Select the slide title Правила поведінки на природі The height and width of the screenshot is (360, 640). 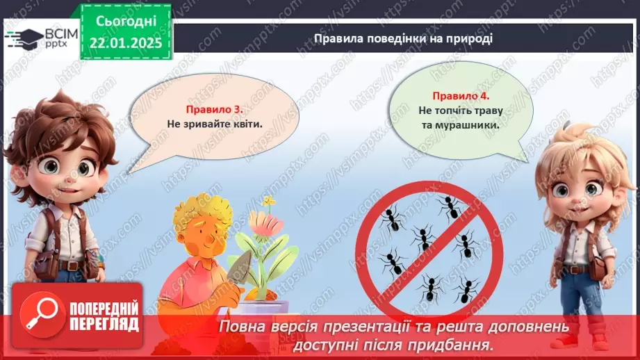point(403,38)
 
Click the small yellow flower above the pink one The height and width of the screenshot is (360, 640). point(268,201)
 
